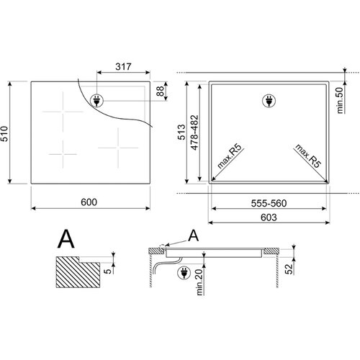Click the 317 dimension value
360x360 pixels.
(123, 66)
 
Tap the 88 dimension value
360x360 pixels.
(160, 91)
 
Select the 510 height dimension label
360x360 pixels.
(4, 134)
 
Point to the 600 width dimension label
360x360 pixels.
(89, 202)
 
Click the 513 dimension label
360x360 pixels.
(181, 132)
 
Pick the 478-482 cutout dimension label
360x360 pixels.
(194, 132)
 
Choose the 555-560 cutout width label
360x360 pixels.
(269, 203)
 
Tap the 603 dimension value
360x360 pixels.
(269, 217)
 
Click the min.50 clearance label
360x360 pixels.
(340, 100)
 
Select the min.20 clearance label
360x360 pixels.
(199, 282)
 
